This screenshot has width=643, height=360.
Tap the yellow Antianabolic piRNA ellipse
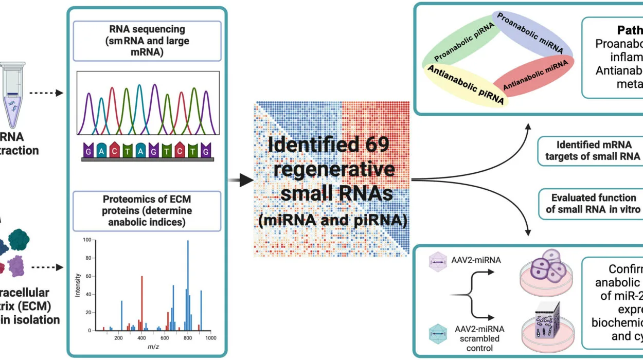coord(466,85)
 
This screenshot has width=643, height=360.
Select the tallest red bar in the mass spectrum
coord(142,303)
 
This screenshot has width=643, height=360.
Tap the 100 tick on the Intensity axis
coord(87,240)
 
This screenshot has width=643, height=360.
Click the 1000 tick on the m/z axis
coord(211,338)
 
